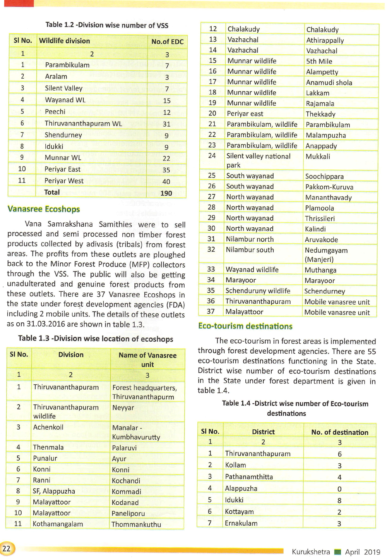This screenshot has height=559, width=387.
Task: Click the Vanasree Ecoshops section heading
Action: pos(44,209)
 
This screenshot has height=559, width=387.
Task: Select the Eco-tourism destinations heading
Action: pos(245,326)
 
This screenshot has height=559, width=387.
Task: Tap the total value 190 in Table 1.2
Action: pos(166,193)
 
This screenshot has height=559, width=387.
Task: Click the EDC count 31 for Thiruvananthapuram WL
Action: pos(167,124)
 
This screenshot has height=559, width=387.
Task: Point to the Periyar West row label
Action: pos(64,181)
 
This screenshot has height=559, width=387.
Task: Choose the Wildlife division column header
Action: pos(65,41)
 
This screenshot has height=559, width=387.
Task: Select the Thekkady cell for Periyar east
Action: pos(320,114)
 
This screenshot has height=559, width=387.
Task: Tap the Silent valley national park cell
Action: pos(258,160)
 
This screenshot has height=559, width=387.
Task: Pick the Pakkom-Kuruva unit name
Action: pos(329,187)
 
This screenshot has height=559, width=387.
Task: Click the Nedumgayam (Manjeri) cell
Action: pos(326,255)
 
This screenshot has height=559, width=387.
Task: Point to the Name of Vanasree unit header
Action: pos(147,360)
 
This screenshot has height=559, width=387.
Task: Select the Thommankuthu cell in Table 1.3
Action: pos(136,525)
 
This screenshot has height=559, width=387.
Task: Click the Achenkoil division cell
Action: pos(48,427)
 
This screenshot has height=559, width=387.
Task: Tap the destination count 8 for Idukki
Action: pos(339,500)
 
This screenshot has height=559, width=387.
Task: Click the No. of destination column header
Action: pos(340,432)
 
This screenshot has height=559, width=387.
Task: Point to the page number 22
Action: pos(7,549)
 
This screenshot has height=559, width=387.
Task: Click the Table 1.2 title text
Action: pos(107,25)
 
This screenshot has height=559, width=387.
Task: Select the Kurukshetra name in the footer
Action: pos(311,552)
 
